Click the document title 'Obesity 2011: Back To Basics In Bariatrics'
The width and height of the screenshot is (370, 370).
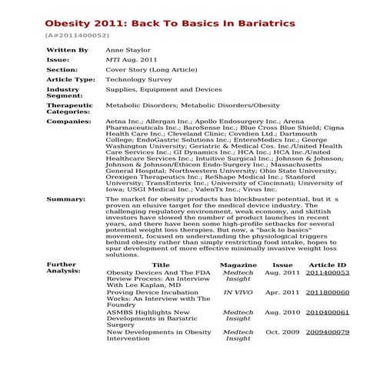(169, 23)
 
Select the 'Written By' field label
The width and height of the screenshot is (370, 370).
(68, 50)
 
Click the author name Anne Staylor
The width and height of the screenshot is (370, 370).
(129, 50)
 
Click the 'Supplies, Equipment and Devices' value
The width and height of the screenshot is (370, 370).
(164, 89)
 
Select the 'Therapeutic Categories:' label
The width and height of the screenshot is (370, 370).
(70, 108)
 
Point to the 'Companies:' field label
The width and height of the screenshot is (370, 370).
(69, 122)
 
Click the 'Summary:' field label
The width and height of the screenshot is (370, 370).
(66, 199)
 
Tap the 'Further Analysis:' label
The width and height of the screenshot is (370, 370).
(62, 268)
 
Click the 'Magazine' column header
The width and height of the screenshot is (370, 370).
(238, 265)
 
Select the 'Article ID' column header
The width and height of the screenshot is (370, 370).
(327, 265)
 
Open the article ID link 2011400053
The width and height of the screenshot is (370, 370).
(327, 273)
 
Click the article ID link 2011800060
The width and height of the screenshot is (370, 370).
(327, 293)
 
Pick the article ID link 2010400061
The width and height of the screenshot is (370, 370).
(327, 313)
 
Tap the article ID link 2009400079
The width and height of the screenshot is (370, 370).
(327, 332)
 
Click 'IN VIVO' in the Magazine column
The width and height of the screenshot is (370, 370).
(238, 293)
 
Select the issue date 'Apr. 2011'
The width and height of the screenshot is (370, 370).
(282, 293)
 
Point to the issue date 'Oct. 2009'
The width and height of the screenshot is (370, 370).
(282, 332)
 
